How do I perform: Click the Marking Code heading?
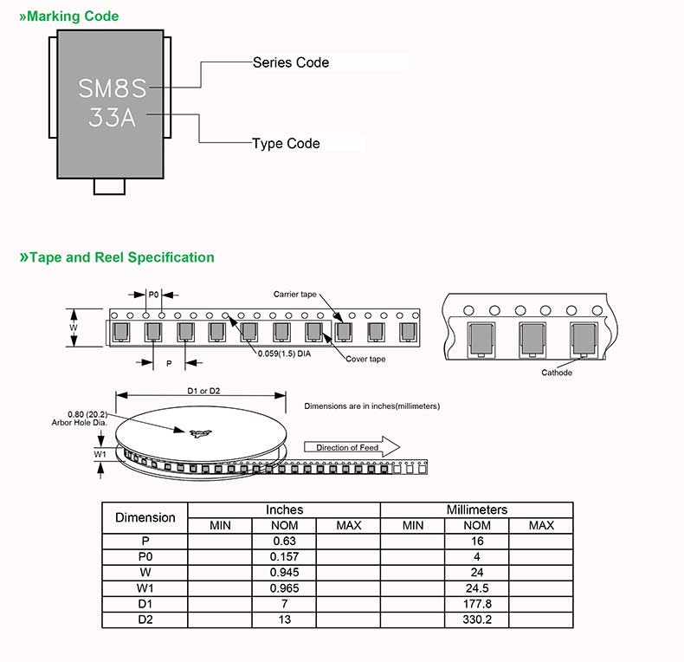(x=68, y=16)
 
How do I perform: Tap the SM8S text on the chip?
(x=113, y=88)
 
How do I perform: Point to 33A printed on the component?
(x=113, y=118)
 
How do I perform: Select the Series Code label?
(x=291, y=62)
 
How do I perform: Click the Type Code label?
(x=286, y=143)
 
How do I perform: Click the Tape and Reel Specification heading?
(x=117, y=257)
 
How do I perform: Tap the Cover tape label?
(x=365, y=359)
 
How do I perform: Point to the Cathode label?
(x=557, y=373)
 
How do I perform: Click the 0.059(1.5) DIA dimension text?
(x=284, y=353)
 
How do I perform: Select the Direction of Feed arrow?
(x=351, y=447)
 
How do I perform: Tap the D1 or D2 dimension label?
(x=204, y=392)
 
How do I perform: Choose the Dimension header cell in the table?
(x=145, y=517)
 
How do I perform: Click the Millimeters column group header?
(x=476, y=509)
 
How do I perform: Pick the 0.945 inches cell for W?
(x=285, y=573)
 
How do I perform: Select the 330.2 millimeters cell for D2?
(x=477, y=620)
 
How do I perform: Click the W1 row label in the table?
(x=145, y=588)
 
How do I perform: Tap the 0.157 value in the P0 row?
(x=285, y=556)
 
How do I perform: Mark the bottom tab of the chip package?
(x=109, y=185)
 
